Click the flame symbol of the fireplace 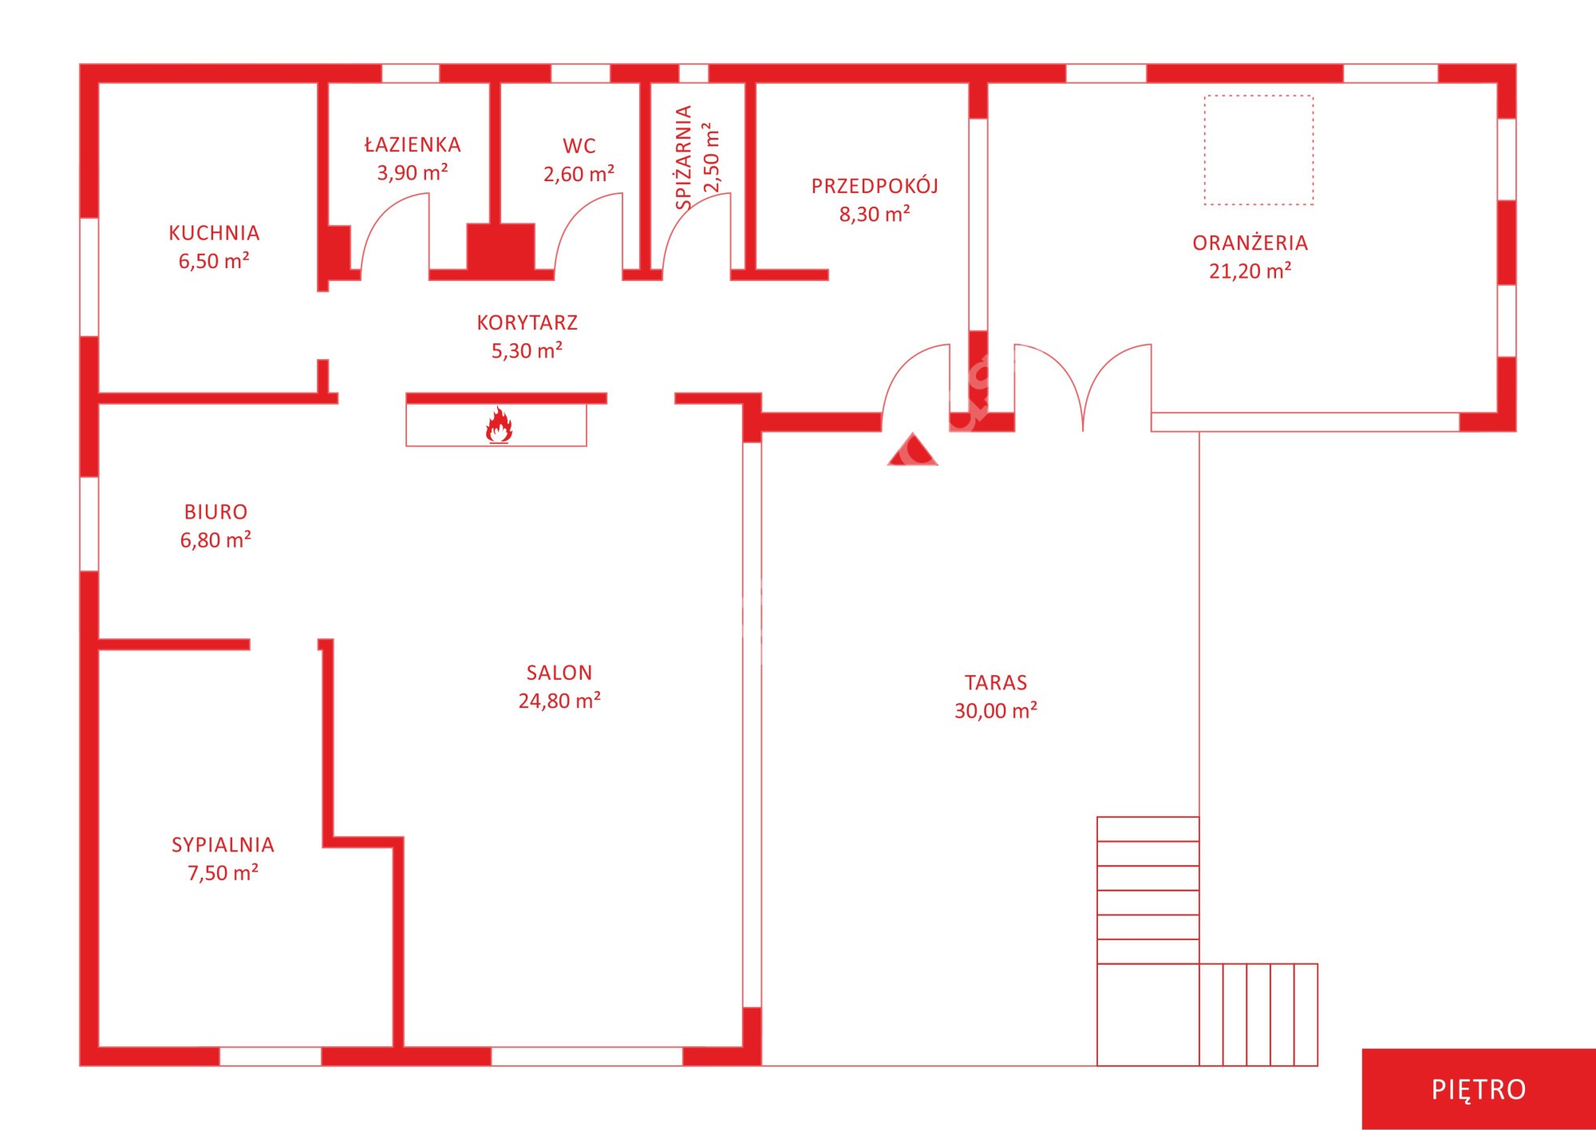click(499, 425)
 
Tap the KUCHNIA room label click(214, 233)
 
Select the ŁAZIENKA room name click(413, 144)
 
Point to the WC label click(579, 146)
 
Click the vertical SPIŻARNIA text click(684, 157)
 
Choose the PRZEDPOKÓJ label click(875, 186)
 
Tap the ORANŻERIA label click(1250, 243)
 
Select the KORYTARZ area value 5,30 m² click(527, 351)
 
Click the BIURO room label click(215, 512)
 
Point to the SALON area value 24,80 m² click(559, 701)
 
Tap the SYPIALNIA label click(223, 844)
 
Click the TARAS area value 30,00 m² click(996, 710)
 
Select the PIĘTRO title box click(1479, 1089)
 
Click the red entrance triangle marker click(913, 449)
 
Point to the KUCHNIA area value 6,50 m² click(214, 261)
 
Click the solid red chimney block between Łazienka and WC click(500, 247)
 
